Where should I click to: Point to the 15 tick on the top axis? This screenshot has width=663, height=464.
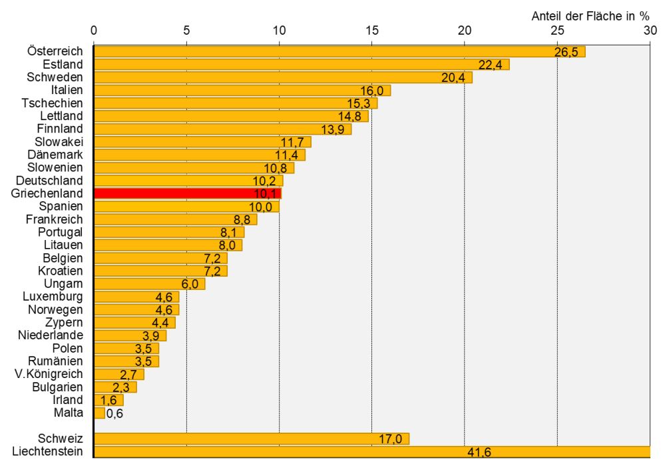(x=371, y=31)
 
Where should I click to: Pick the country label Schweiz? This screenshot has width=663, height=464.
(x=61, y=439)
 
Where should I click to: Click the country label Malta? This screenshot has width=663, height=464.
(x=69, y=413)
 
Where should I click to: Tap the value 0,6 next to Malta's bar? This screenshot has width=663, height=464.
(x=114, y=413)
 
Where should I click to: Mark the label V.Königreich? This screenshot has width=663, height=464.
(x=50, y=374)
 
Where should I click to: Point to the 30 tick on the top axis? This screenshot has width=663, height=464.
(x=650, y=31)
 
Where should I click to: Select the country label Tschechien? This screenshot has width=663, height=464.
(x=53, y=103)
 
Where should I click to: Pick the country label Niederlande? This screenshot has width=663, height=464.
(x=51, y=335)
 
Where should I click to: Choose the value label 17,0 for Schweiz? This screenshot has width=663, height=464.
(x=390, y=439)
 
